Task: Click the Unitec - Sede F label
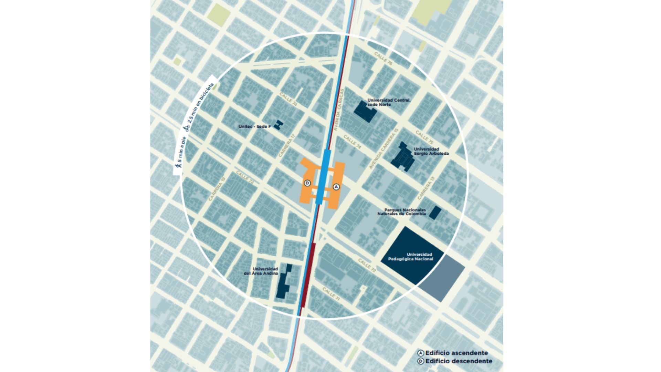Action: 254,127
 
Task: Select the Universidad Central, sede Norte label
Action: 389,102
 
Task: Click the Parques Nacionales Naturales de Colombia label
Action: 402,212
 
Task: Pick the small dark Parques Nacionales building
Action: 434,213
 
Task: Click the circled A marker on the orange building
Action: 336,187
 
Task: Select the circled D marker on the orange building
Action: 307,183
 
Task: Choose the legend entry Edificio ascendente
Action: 456,353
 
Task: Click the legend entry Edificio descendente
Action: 458,361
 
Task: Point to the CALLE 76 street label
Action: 383,59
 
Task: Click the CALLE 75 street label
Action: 424,137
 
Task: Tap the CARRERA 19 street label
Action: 217,189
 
